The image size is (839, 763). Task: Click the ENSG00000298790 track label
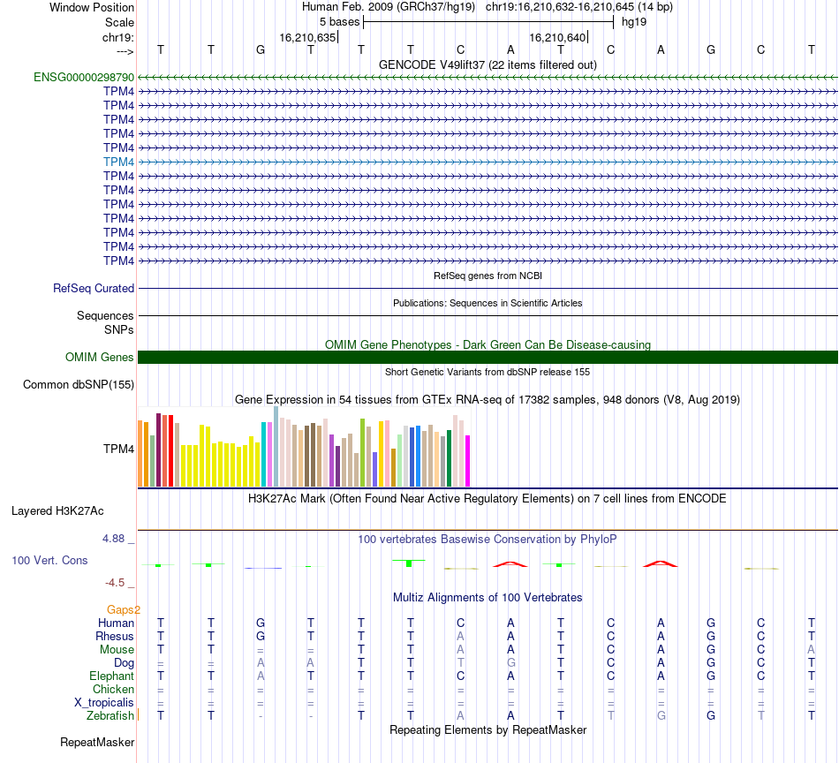(x=84, y=78)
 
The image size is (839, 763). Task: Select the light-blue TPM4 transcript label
(x=118, y=162)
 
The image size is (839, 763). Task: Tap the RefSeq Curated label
(x=94, y=288)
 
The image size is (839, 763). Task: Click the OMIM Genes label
(x=99, y=358)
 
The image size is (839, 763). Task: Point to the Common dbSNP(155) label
(x=79, y=384)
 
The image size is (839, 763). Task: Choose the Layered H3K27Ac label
(x=57, y=510)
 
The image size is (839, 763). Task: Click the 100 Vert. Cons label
(x=49, y=560)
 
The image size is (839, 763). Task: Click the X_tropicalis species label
(x=104, y=702)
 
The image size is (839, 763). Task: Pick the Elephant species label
(x=111, y=676)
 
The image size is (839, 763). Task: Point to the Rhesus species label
(x=115, y=636)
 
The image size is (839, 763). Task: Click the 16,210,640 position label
(x=556, y=38)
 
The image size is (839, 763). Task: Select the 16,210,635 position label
(x=307, y=38)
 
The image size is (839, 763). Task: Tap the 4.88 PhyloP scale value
(x=117, y=538)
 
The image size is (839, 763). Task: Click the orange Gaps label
(x=123, y=609)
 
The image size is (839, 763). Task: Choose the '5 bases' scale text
(x=339, y=21)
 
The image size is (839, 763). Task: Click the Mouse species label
(x=117, y=649)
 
